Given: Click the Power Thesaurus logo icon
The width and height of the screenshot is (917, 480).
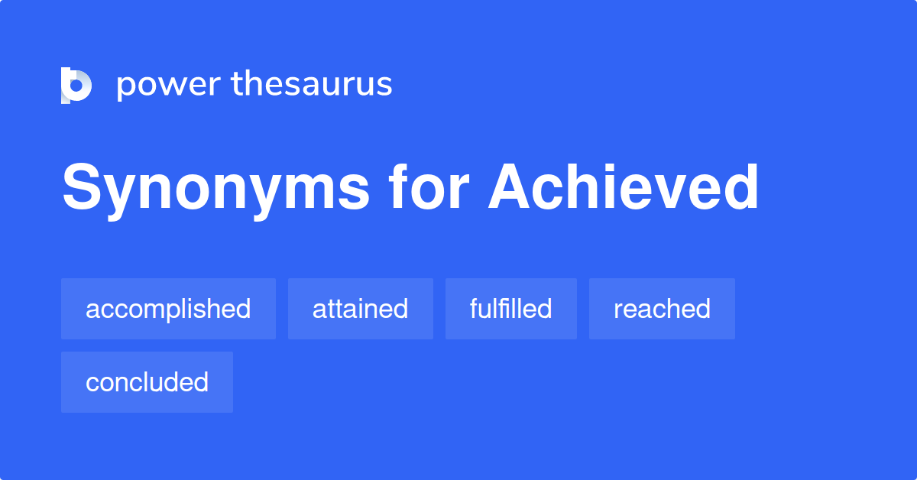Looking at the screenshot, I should click(x=76, y=85).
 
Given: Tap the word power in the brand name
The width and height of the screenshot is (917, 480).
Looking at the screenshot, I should click(x=165, y=85).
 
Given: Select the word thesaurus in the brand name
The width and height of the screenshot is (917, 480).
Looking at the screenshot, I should click(x=312, y=84).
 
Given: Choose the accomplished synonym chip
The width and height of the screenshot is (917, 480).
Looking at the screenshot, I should click(x=168, y=309).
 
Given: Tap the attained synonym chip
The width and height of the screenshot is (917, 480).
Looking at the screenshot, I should click(x=360, y=309).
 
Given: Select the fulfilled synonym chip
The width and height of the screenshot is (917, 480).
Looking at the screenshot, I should click(x=510, y=309).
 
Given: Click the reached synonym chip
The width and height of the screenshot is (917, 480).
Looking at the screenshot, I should click(x=662, y=309).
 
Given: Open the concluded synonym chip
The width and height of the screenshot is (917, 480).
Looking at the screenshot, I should click(x=147, y=382).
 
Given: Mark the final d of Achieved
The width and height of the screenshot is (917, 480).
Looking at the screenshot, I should click(x=740, y=188).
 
